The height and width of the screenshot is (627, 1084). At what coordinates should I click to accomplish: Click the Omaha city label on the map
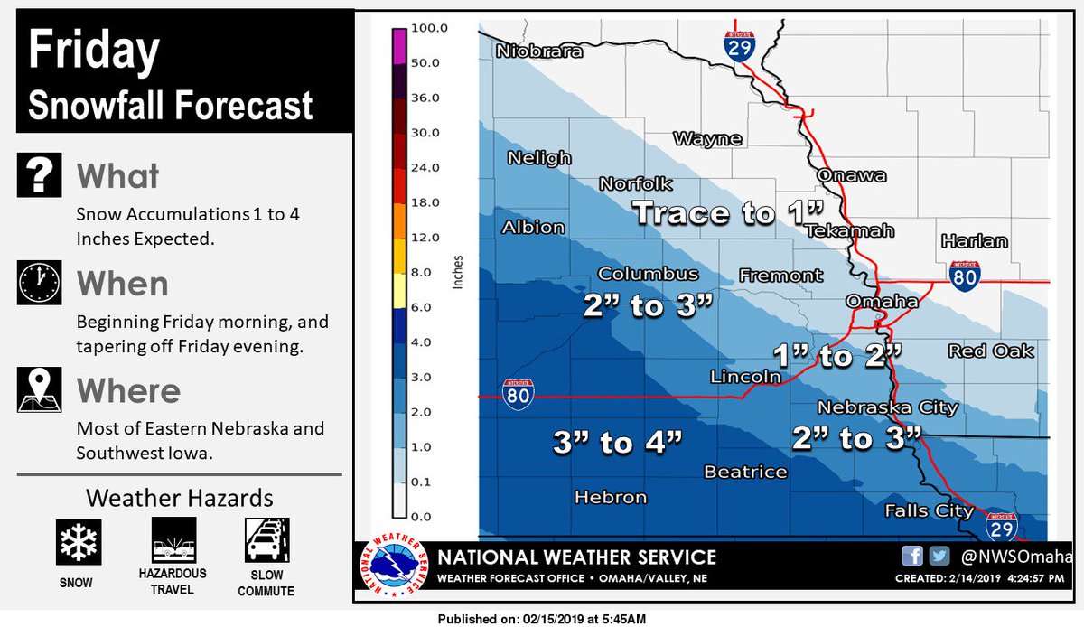coord(882,301)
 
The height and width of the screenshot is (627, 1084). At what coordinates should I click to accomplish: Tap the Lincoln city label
coord(745,376)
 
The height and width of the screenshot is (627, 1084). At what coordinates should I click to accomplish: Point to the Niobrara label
coord(538,52)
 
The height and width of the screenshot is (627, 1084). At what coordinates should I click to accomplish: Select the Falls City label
coord(929,510)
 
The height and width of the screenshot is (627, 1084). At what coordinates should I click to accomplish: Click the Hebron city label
coord(611,497)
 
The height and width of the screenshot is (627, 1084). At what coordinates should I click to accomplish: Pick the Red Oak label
coord(991,351)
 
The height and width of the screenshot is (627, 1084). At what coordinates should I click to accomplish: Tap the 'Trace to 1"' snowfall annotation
coord(728,213)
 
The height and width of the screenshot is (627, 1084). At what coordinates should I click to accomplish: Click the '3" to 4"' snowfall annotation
coord(616,442)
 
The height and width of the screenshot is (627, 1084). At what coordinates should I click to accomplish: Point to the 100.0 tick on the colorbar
coord(430,29)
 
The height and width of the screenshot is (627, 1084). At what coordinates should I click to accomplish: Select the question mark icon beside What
coord(39,174)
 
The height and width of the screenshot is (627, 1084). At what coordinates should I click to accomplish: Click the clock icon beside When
coord(39,283)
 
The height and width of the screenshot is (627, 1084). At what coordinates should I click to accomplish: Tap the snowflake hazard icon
coord(76,541)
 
